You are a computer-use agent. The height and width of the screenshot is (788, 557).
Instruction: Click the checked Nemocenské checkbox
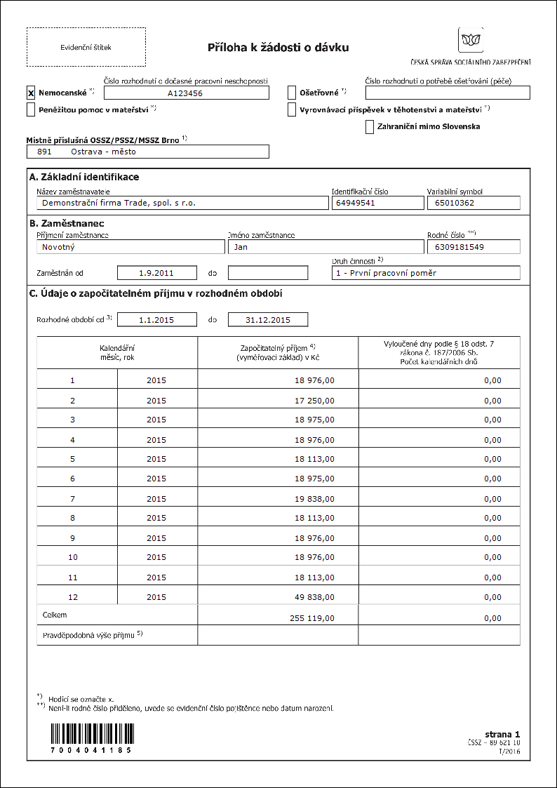click(x=31, y=93)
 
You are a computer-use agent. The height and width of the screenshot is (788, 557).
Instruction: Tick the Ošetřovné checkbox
click(x=293, y=93)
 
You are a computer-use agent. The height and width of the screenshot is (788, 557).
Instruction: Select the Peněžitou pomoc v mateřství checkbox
click(x=31, y=109)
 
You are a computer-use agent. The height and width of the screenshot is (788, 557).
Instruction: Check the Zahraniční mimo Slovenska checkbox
click(x=370, y=127)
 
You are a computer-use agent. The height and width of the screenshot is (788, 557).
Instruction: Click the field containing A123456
click(x=185, y=93)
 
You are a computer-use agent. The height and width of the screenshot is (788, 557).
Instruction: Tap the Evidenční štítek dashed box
click(x=86, y=47)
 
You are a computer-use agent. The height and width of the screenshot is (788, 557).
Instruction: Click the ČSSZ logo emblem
click(x=470, y=39)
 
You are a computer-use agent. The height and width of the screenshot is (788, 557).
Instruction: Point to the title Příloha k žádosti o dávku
click(x=278, y=48)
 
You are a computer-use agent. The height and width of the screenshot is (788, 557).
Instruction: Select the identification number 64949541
click(x=376, y=203)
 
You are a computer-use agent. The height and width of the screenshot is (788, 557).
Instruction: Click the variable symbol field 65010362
click(x=473, y=203)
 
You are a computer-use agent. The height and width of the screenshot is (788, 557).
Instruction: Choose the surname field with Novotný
click(x=129, y=247)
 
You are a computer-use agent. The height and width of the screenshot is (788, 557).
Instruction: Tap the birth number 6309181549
click(x=473, y=247)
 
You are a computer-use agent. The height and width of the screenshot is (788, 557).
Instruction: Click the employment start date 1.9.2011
click(x=156, y=272)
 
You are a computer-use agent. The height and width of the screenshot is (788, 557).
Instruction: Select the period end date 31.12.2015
click(x=267, y=320)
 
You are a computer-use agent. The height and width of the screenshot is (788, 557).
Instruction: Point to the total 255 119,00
click(x=312, y=619)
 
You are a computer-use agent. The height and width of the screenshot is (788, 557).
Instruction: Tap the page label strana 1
click(x=502, y=733)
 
